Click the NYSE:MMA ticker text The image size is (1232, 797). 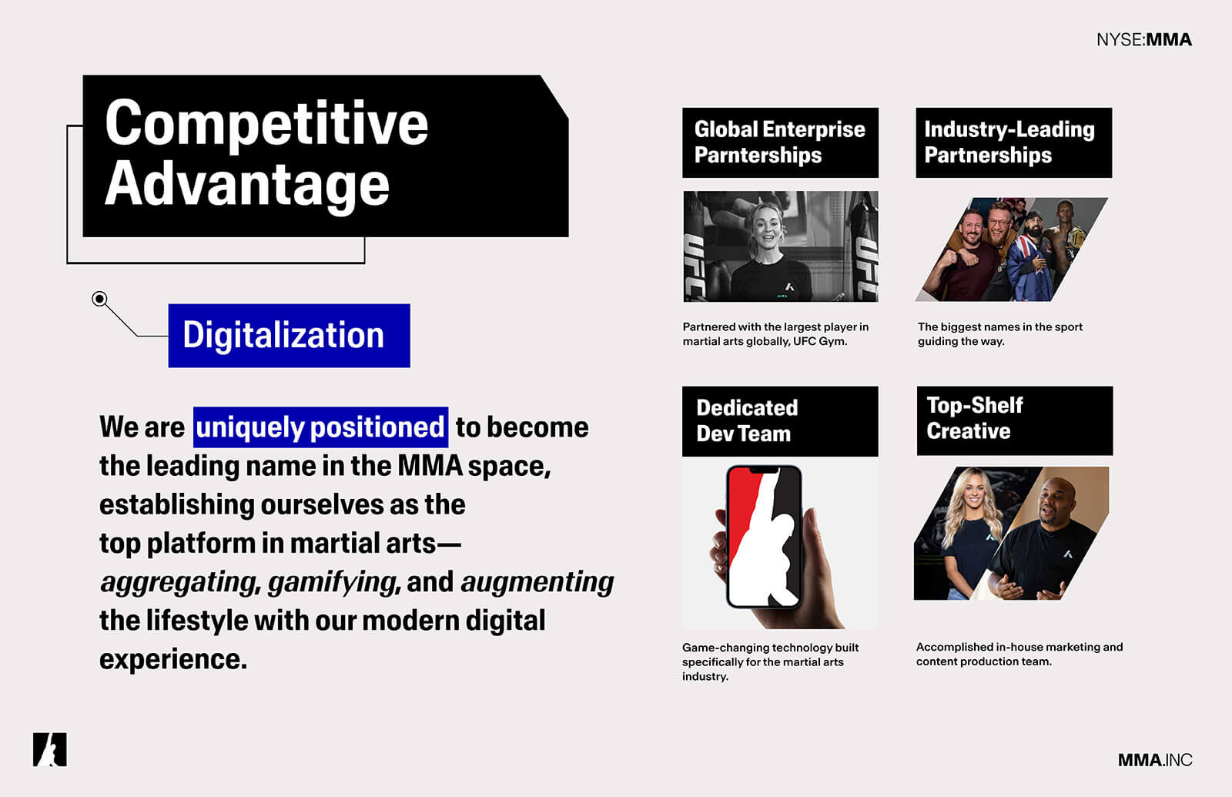click(1144, 39)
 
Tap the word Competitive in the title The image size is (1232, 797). click(266, 125)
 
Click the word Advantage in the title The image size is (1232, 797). click(247, 186)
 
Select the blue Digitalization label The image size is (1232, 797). click(290, 336)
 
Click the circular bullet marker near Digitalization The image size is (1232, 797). click(99, 299)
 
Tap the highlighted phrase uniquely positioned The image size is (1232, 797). click(320, 427)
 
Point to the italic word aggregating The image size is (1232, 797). click(179, 582)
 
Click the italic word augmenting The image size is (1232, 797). click(537, 582)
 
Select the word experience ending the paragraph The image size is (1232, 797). click(173, 659)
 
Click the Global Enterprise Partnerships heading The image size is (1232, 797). click(781, 142)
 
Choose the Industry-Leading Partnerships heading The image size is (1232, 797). click(1013, 142)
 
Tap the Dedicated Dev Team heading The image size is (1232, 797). click(780, 421)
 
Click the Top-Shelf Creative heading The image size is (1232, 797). click(1015, 420)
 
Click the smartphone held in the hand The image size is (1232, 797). click(765, 537)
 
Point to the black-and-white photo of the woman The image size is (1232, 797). click(781, 246)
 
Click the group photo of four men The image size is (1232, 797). click(1012, 249)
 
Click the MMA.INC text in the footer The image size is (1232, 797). click(1155, 760)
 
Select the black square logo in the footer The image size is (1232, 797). click(49, 749)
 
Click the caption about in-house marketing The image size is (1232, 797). click(1019, 654)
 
